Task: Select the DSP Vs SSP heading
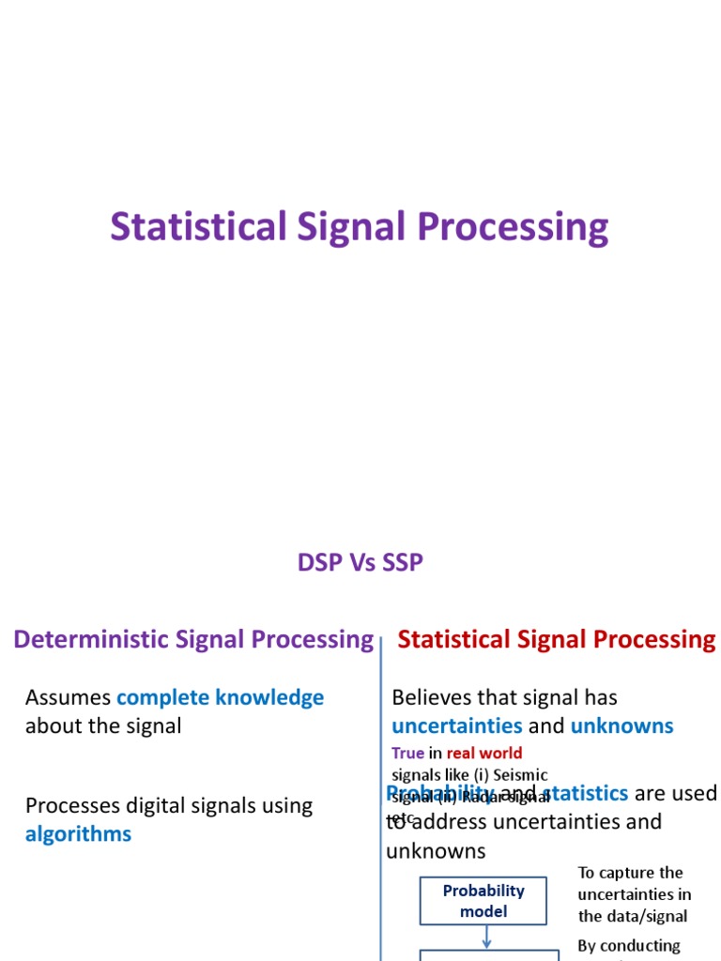[360, 562]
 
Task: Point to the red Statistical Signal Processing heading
[557, 640]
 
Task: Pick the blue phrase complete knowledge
[220, 697]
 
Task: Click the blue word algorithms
[78, 834]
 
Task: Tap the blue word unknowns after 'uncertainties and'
[621, 725]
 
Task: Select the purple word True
[407, 753]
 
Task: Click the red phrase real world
[484, 753]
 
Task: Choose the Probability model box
[483, 901]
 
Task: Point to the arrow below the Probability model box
[486, 937]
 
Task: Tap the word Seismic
[517, 775]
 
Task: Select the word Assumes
[68, 697]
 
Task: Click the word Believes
[434, 697]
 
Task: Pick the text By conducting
[629, 945]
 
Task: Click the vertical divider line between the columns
[381, 798]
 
